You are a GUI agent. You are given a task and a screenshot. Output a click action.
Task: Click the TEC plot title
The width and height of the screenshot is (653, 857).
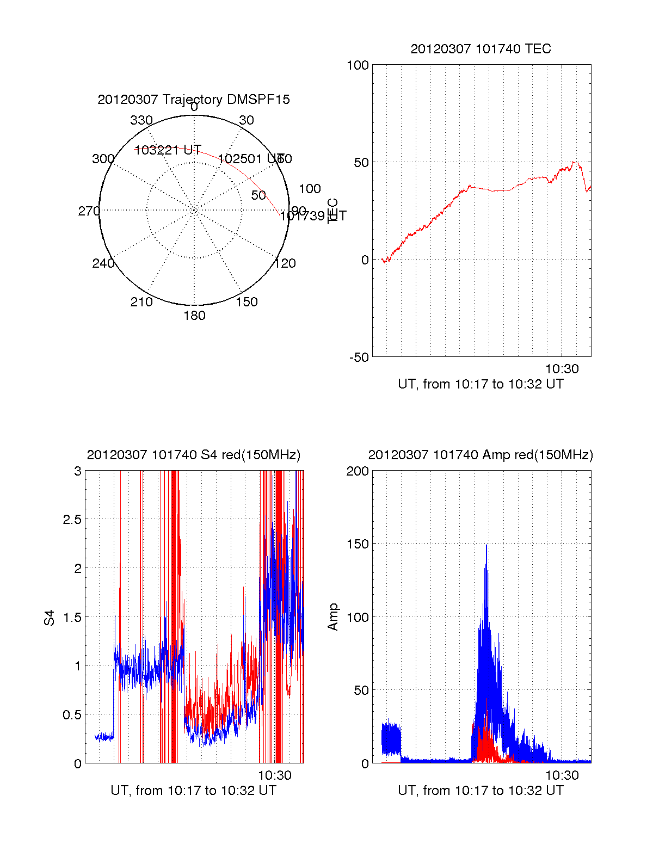(480, 49)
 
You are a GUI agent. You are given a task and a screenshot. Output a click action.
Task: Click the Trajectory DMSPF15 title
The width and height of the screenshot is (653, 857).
(194, 100)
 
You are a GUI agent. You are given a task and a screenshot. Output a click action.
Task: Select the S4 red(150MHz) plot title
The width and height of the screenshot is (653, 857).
(194, 455)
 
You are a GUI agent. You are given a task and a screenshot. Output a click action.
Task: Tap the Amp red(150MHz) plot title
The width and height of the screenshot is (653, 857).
(480, 455)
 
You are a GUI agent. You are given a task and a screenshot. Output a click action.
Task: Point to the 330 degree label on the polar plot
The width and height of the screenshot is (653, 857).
(141, 120)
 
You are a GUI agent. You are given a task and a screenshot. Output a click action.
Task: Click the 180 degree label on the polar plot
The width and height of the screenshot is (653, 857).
(194, 316)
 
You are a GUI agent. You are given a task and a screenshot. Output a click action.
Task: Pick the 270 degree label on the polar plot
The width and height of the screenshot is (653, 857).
(89, 211)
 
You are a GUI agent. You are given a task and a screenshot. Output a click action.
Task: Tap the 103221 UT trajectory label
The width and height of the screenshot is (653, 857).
(168, 150)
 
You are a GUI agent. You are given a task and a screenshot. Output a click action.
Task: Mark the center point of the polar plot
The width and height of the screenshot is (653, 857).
(194, 211)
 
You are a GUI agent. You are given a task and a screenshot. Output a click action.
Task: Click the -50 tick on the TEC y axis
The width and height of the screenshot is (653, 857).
(359, 357)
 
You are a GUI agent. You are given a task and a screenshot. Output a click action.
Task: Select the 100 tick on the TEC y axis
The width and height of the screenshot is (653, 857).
(358, 66)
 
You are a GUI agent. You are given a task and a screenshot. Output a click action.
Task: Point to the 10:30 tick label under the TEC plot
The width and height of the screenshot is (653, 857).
(562, 369)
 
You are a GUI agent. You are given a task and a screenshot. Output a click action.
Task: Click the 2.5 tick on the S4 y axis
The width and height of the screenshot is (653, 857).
(72, 520)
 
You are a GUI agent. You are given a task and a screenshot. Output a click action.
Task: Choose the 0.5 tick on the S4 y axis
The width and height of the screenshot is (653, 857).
(72, 715)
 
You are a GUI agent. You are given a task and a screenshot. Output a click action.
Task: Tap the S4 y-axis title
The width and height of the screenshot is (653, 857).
(50, 618)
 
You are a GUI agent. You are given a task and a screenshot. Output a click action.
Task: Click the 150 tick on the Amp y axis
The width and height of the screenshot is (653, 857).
(358, 544)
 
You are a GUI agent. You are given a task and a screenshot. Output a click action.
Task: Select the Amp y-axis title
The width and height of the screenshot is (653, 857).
(333, 617)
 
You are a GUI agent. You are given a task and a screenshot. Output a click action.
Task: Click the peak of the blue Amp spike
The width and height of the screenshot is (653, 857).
(486, 545)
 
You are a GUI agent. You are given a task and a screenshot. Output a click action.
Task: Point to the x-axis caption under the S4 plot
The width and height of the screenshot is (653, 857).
(194, 791)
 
